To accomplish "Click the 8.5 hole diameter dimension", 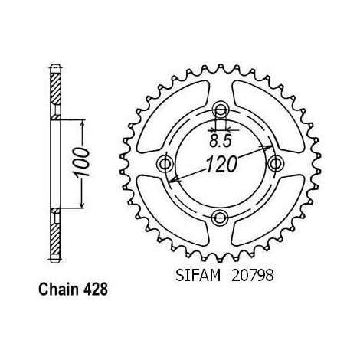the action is coord(221,141).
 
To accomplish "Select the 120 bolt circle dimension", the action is coord(221,165).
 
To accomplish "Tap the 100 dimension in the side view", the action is coord(82,162).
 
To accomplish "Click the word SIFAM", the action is coord(198,276).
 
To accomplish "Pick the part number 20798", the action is coord(252,276).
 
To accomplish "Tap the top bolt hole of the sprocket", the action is coord(221,110).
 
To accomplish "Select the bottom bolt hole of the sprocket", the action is coord(221,218).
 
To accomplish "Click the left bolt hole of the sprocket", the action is coord(165,164).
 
